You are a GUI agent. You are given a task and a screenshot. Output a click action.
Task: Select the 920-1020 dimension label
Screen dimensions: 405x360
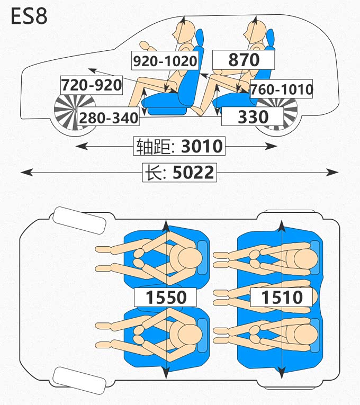click(x=165, y=61)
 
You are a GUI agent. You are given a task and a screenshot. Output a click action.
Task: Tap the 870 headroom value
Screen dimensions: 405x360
click(x=244, y=59)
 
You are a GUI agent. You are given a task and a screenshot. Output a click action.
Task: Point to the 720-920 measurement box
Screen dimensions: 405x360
click(x=92, y=85)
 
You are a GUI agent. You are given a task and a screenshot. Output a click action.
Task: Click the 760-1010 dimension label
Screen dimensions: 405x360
click(x=282, y=89)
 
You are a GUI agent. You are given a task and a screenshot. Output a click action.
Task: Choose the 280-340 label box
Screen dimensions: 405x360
click(x=109, y=118)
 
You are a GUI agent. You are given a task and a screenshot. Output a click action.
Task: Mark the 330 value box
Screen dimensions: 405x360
click(x=253, y=116)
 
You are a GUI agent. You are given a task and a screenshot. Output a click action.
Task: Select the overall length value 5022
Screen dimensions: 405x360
click(x=194, y=173)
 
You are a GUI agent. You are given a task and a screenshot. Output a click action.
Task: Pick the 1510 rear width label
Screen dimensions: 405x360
click(x=282, y=298)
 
